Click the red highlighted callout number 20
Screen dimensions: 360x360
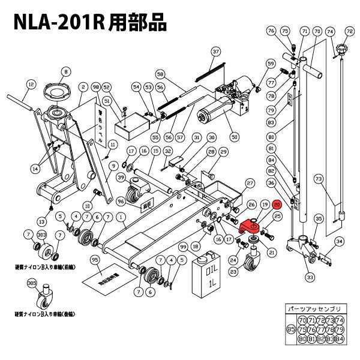tap(277, 205)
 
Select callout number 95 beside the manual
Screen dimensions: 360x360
tap(94, 260)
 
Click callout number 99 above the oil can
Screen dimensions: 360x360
tap(183, 247)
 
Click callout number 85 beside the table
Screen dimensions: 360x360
tap(291, 329)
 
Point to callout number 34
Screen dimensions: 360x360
tap(339, 242)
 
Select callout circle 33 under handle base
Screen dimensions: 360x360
tap(310, 277)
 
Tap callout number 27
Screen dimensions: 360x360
tap(250, 182)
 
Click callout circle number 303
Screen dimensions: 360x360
tap(42, 235)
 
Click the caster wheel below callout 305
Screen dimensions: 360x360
tap(43, 300)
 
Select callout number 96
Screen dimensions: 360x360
tap(120, 201)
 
